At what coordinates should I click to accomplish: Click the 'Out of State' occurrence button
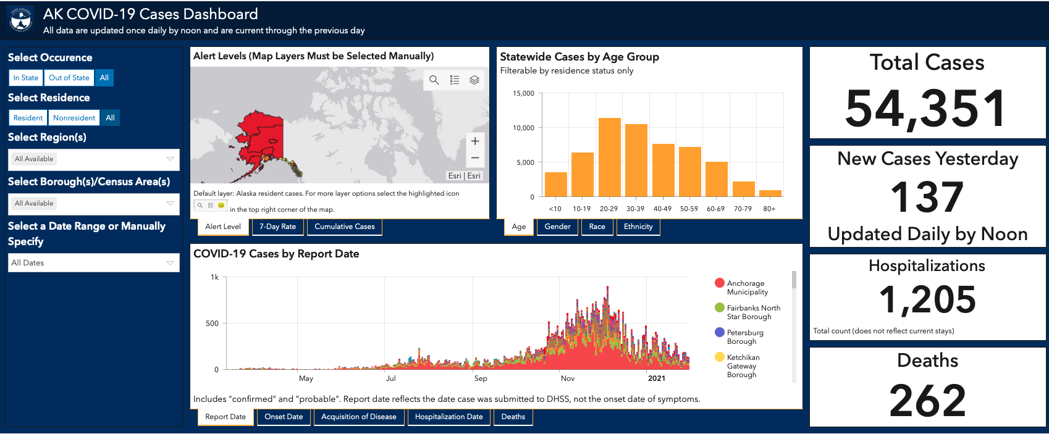coord(69,78)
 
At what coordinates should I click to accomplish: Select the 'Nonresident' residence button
coord(74,117)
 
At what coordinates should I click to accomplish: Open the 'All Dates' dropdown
coord(94,262)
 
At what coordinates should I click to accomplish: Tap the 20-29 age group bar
coord(610,157)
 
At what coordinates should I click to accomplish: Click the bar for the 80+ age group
coord(770,193)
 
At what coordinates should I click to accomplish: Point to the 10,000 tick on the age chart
coord(523,128)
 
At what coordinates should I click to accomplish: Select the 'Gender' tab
coord(557,227)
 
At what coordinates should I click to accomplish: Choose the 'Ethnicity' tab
coord(638,227)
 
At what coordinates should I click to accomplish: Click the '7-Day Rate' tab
coord(278,227)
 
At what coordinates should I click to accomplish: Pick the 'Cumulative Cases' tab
coord(345,227)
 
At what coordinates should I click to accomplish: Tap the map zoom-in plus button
coord(475,141)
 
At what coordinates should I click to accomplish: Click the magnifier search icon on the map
coord(434,80)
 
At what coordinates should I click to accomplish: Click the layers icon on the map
coord(474,80)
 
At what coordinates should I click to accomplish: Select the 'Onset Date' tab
coord(284,417)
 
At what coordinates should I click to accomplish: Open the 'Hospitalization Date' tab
coord(449,417)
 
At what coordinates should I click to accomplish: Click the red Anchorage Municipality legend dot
coord(720,283)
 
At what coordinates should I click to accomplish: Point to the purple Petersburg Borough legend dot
coord(720,332)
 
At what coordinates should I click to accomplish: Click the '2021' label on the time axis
coord(657,378)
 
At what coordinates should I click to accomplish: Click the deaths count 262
coord(927,400)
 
